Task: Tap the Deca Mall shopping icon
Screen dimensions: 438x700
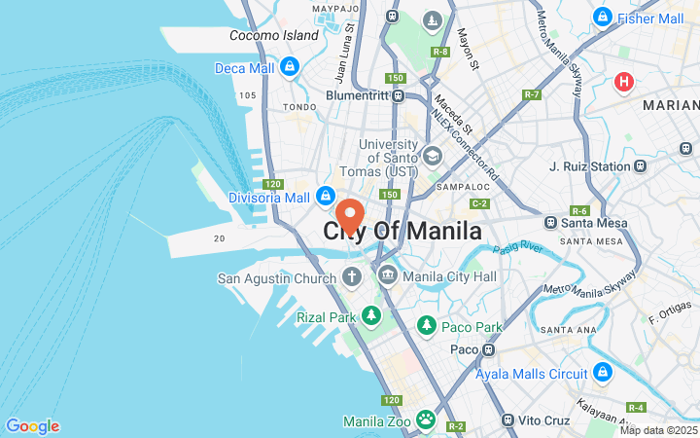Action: coord(288,67)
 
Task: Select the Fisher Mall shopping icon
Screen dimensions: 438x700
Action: coord(603,18)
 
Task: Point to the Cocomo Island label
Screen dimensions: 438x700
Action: coord(274,36)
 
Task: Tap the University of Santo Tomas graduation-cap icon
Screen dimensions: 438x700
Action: coord(433,155)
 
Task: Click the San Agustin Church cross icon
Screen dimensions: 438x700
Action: coord(352,278)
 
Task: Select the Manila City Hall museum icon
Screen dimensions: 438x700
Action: coord(387,278)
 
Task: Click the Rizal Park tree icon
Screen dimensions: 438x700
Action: coord(370,315)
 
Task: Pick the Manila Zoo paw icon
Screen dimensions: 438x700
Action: coord(426,420)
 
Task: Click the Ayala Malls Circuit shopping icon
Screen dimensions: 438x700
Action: coord(603,374)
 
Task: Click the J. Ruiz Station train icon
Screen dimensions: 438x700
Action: coord(641,166)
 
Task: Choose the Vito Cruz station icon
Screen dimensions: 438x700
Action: coord(507,420)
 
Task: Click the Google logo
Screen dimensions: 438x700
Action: coord(32,426)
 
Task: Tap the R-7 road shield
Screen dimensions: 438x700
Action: coord(532,94)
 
